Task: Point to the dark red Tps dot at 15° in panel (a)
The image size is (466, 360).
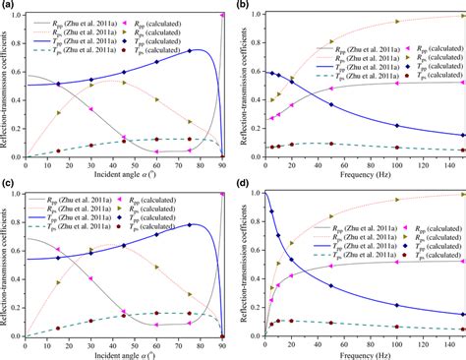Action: point(58,150)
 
